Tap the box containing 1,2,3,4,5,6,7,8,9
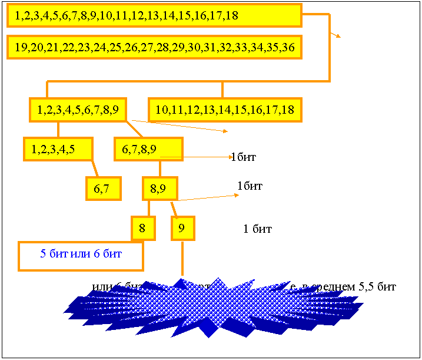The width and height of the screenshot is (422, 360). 79,110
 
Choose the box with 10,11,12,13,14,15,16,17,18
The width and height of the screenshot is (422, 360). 225,110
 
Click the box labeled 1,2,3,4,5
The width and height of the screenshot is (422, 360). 58,149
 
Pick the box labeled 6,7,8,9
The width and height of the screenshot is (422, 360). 148,149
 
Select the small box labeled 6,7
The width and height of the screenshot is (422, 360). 103,189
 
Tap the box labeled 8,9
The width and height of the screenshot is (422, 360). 160,189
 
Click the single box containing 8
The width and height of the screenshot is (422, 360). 143,228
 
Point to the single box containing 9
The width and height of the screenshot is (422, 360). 182,228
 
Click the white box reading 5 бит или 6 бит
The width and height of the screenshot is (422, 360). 81,255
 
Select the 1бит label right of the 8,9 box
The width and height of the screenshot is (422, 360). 250,186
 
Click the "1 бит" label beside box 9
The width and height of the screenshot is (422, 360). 257,229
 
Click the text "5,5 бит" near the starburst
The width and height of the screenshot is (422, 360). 377,287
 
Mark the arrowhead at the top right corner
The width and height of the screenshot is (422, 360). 338,35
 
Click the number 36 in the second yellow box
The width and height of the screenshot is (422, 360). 288,47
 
